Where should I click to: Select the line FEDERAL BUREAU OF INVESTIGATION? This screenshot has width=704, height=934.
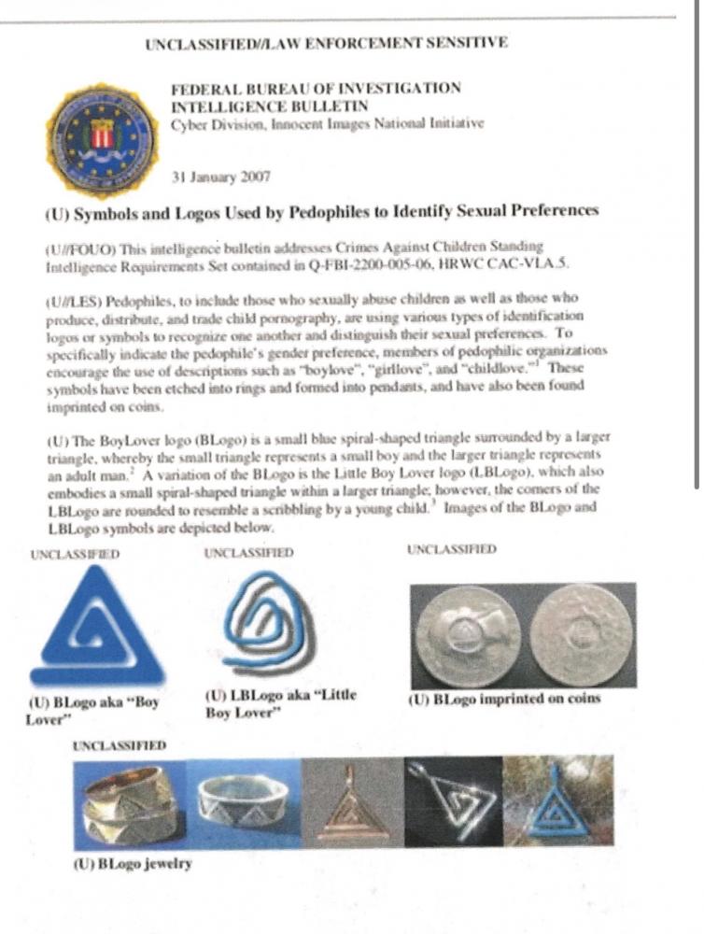tap(316, 89)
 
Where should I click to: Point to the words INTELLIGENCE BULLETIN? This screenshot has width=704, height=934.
tap(269, 106)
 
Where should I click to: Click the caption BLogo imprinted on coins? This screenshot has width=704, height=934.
tap(504, 699)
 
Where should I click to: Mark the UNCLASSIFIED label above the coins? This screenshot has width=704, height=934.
tap(451, 551)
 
